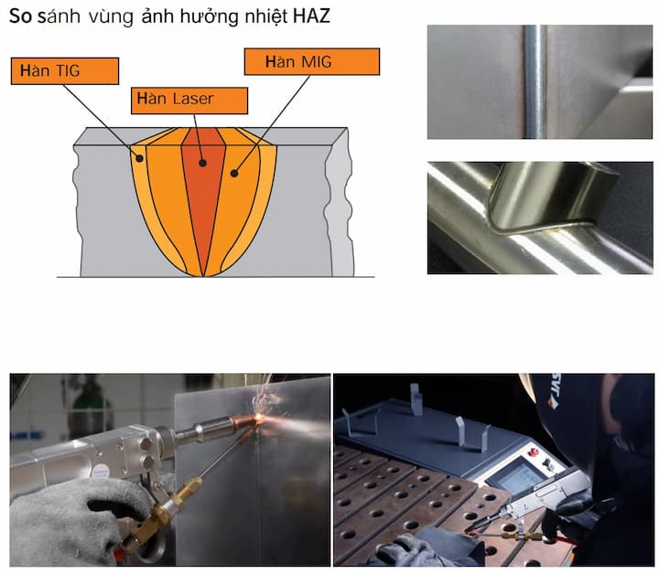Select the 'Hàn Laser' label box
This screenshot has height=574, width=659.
tap(189, 99)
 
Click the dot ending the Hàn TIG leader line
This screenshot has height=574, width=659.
tap(140, 158)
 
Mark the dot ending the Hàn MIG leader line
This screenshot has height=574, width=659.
tap(235, 170)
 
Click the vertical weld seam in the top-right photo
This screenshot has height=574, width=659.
tap(535, 82)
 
